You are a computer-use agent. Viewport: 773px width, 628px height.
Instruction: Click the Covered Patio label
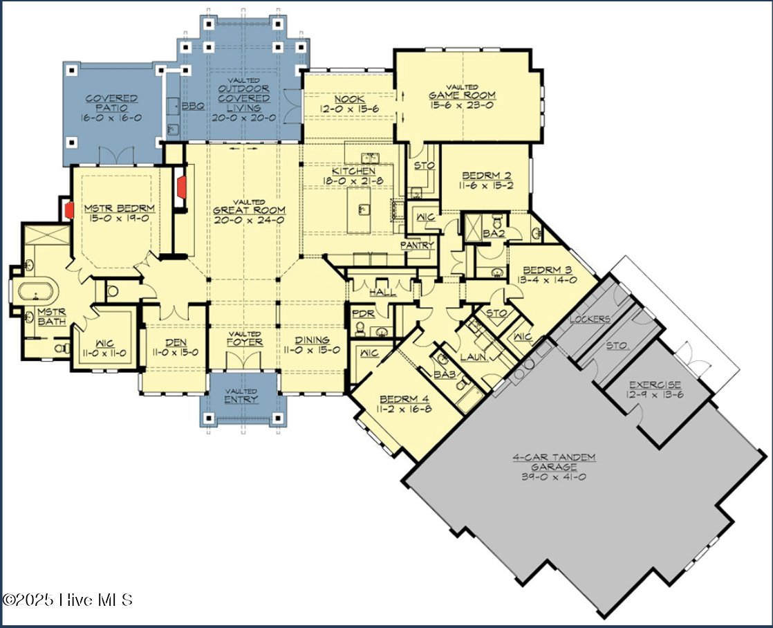coord(111,104)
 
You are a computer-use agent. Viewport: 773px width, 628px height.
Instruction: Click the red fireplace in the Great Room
coord(182,186)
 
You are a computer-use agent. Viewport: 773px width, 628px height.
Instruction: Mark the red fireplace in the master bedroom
coord(70,210)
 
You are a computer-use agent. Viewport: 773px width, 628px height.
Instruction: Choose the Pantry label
coord(418,245)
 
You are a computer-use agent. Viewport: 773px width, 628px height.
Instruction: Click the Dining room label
coord(313,340)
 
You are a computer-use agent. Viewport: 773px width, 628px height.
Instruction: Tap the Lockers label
coord(590,319)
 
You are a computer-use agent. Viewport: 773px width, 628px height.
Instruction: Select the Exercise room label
coord(655,385)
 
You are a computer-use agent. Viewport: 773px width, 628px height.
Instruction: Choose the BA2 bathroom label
coord(494,234)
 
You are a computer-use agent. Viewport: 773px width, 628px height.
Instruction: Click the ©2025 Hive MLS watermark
coord(67,599)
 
